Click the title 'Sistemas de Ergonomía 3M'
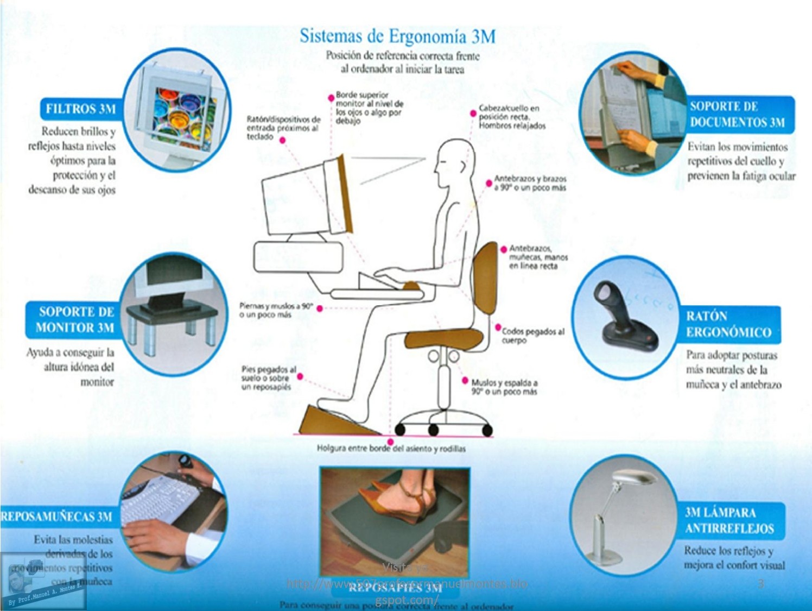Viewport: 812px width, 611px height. point(397,36)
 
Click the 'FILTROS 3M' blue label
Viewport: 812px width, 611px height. point(80,109)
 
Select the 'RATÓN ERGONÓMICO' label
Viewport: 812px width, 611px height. point(728,324)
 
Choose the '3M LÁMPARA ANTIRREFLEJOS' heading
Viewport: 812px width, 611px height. point(729,520)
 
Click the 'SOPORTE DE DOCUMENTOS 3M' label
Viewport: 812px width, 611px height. point(737,114)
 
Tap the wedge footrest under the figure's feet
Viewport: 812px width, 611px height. point(337,420)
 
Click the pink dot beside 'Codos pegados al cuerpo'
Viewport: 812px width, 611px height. point(498,327)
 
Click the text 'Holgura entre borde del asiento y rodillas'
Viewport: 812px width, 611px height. point(391,449)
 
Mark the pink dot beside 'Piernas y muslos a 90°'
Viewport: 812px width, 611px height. point(320,308)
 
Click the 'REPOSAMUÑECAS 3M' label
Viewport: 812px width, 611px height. point(56,516)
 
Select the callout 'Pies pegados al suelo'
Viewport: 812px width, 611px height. point(269,378)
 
